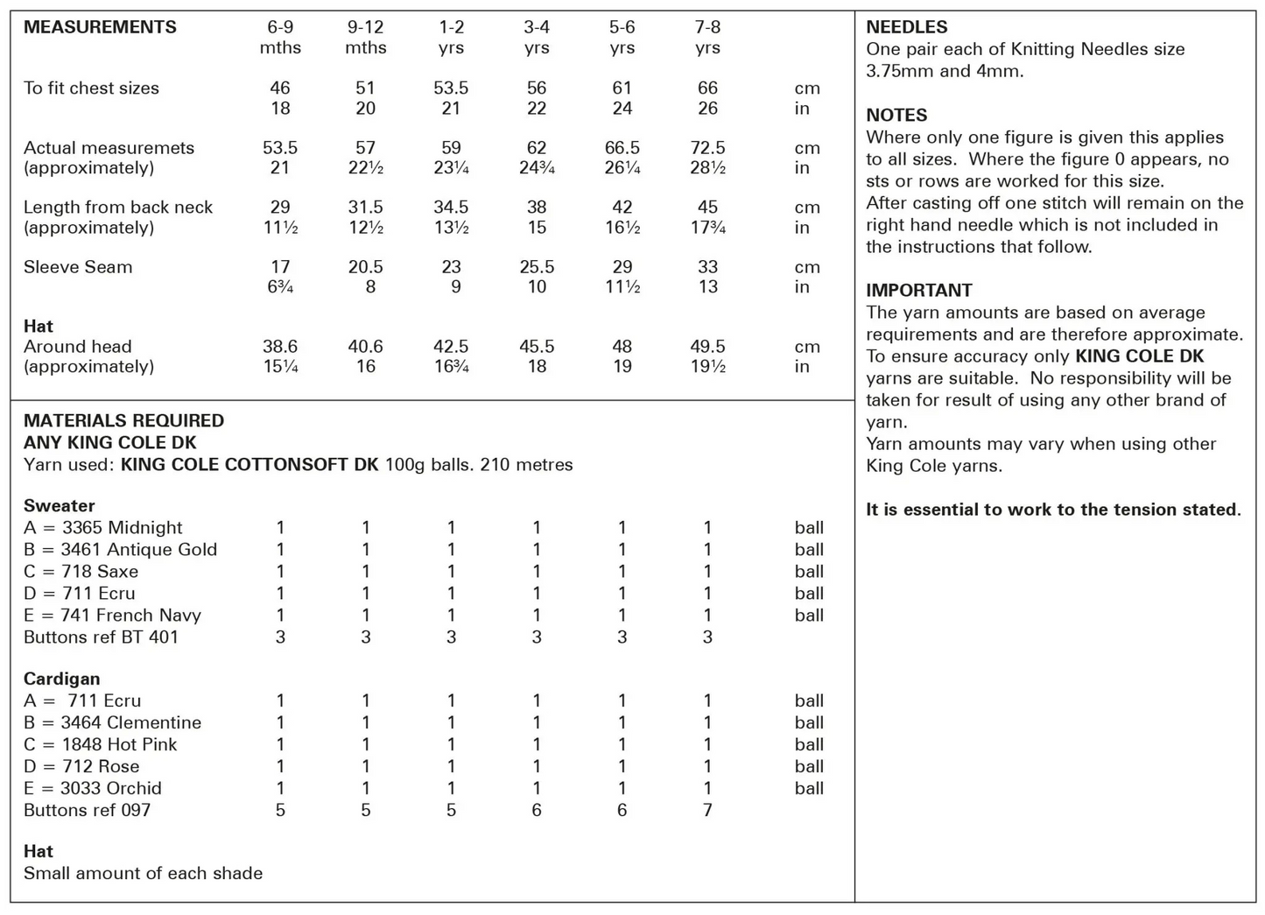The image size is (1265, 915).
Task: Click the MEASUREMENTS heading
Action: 100,27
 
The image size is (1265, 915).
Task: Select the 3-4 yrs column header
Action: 537,37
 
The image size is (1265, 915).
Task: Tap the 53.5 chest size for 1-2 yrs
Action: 451,88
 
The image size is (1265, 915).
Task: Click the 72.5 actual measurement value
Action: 707,148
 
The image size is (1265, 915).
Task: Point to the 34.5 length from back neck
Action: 451,208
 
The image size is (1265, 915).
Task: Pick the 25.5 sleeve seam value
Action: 537,267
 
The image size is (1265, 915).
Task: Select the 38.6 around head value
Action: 280,347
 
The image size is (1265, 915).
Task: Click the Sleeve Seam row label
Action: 78,267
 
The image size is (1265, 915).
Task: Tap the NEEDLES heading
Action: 907,27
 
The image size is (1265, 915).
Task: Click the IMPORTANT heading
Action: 919,290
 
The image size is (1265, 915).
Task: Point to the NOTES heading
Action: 896,115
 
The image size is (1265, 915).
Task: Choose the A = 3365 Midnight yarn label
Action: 103,528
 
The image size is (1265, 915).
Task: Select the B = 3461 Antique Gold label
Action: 120,550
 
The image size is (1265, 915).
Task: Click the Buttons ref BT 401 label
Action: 101,637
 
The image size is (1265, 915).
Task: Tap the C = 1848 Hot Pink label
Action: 100,744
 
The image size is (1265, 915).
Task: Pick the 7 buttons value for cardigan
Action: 707,810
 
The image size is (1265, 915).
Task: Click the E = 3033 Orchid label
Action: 93,788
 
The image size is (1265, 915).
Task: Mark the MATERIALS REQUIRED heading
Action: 123,420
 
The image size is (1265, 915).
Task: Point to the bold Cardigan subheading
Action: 61,679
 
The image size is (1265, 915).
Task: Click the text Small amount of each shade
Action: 143,873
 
